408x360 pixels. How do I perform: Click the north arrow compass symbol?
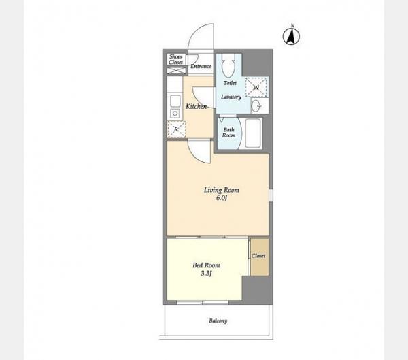[291, 36]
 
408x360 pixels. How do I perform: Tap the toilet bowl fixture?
[228, 65]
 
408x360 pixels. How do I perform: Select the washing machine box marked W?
[256, 87]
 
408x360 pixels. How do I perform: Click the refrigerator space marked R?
[176, 129]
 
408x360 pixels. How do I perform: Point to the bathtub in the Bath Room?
[253, 133]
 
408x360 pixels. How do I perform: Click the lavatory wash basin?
[256, 106]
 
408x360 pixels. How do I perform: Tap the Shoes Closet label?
[176, 59]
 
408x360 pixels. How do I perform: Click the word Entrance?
[201, 66]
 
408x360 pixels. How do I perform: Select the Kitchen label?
[197, 106]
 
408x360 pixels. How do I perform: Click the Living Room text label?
[222, 190]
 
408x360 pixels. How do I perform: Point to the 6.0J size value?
[222, 198]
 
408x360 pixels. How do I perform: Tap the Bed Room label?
[206, 265]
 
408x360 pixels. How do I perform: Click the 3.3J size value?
[206, 274]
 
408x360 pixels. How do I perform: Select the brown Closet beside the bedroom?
[260, 257]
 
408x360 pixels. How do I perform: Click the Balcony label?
[218, 321]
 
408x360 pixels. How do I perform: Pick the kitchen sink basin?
[175, 101]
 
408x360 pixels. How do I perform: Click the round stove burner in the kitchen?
[175, 114]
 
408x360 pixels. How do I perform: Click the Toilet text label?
[230, 83]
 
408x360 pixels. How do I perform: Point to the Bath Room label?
[228, 132]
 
